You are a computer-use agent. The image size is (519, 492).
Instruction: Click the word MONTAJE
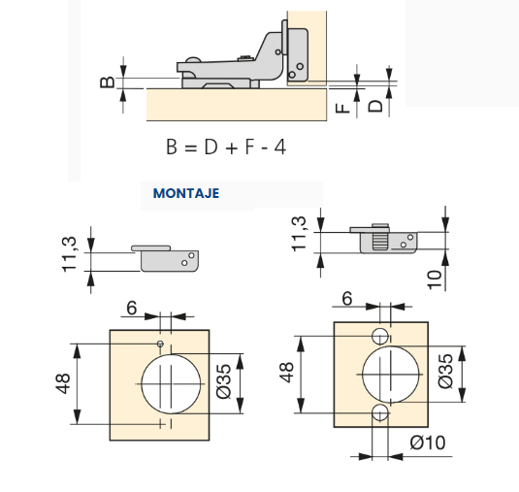click(x=186, y=193)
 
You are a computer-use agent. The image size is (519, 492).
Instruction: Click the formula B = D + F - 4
click(x=226, y=147)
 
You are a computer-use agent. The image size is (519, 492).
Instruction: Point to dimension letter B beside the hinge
click(x=108, y=82)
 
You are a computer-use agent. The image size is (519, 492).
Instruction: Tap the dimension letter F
click(x=342, y=108)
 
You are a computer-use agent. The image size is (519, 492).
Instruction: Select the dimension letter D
click(x=375, y=107)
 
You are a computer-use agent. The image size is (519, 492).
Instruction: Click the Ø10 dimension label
click(x=428, y=443)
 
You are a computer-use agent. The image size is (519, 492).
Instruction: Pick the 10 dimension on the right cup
click(x=435, y=279)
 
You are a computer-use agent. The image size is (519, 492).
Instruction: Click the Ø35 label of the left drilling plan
click(x=224, y=381)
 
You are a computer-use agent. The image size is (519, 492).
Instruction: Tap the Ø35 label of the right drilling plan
click(x=445, y=371)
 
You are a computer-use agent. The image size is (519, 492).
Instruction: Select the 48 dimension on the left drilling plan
click(x=63, y=383)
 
